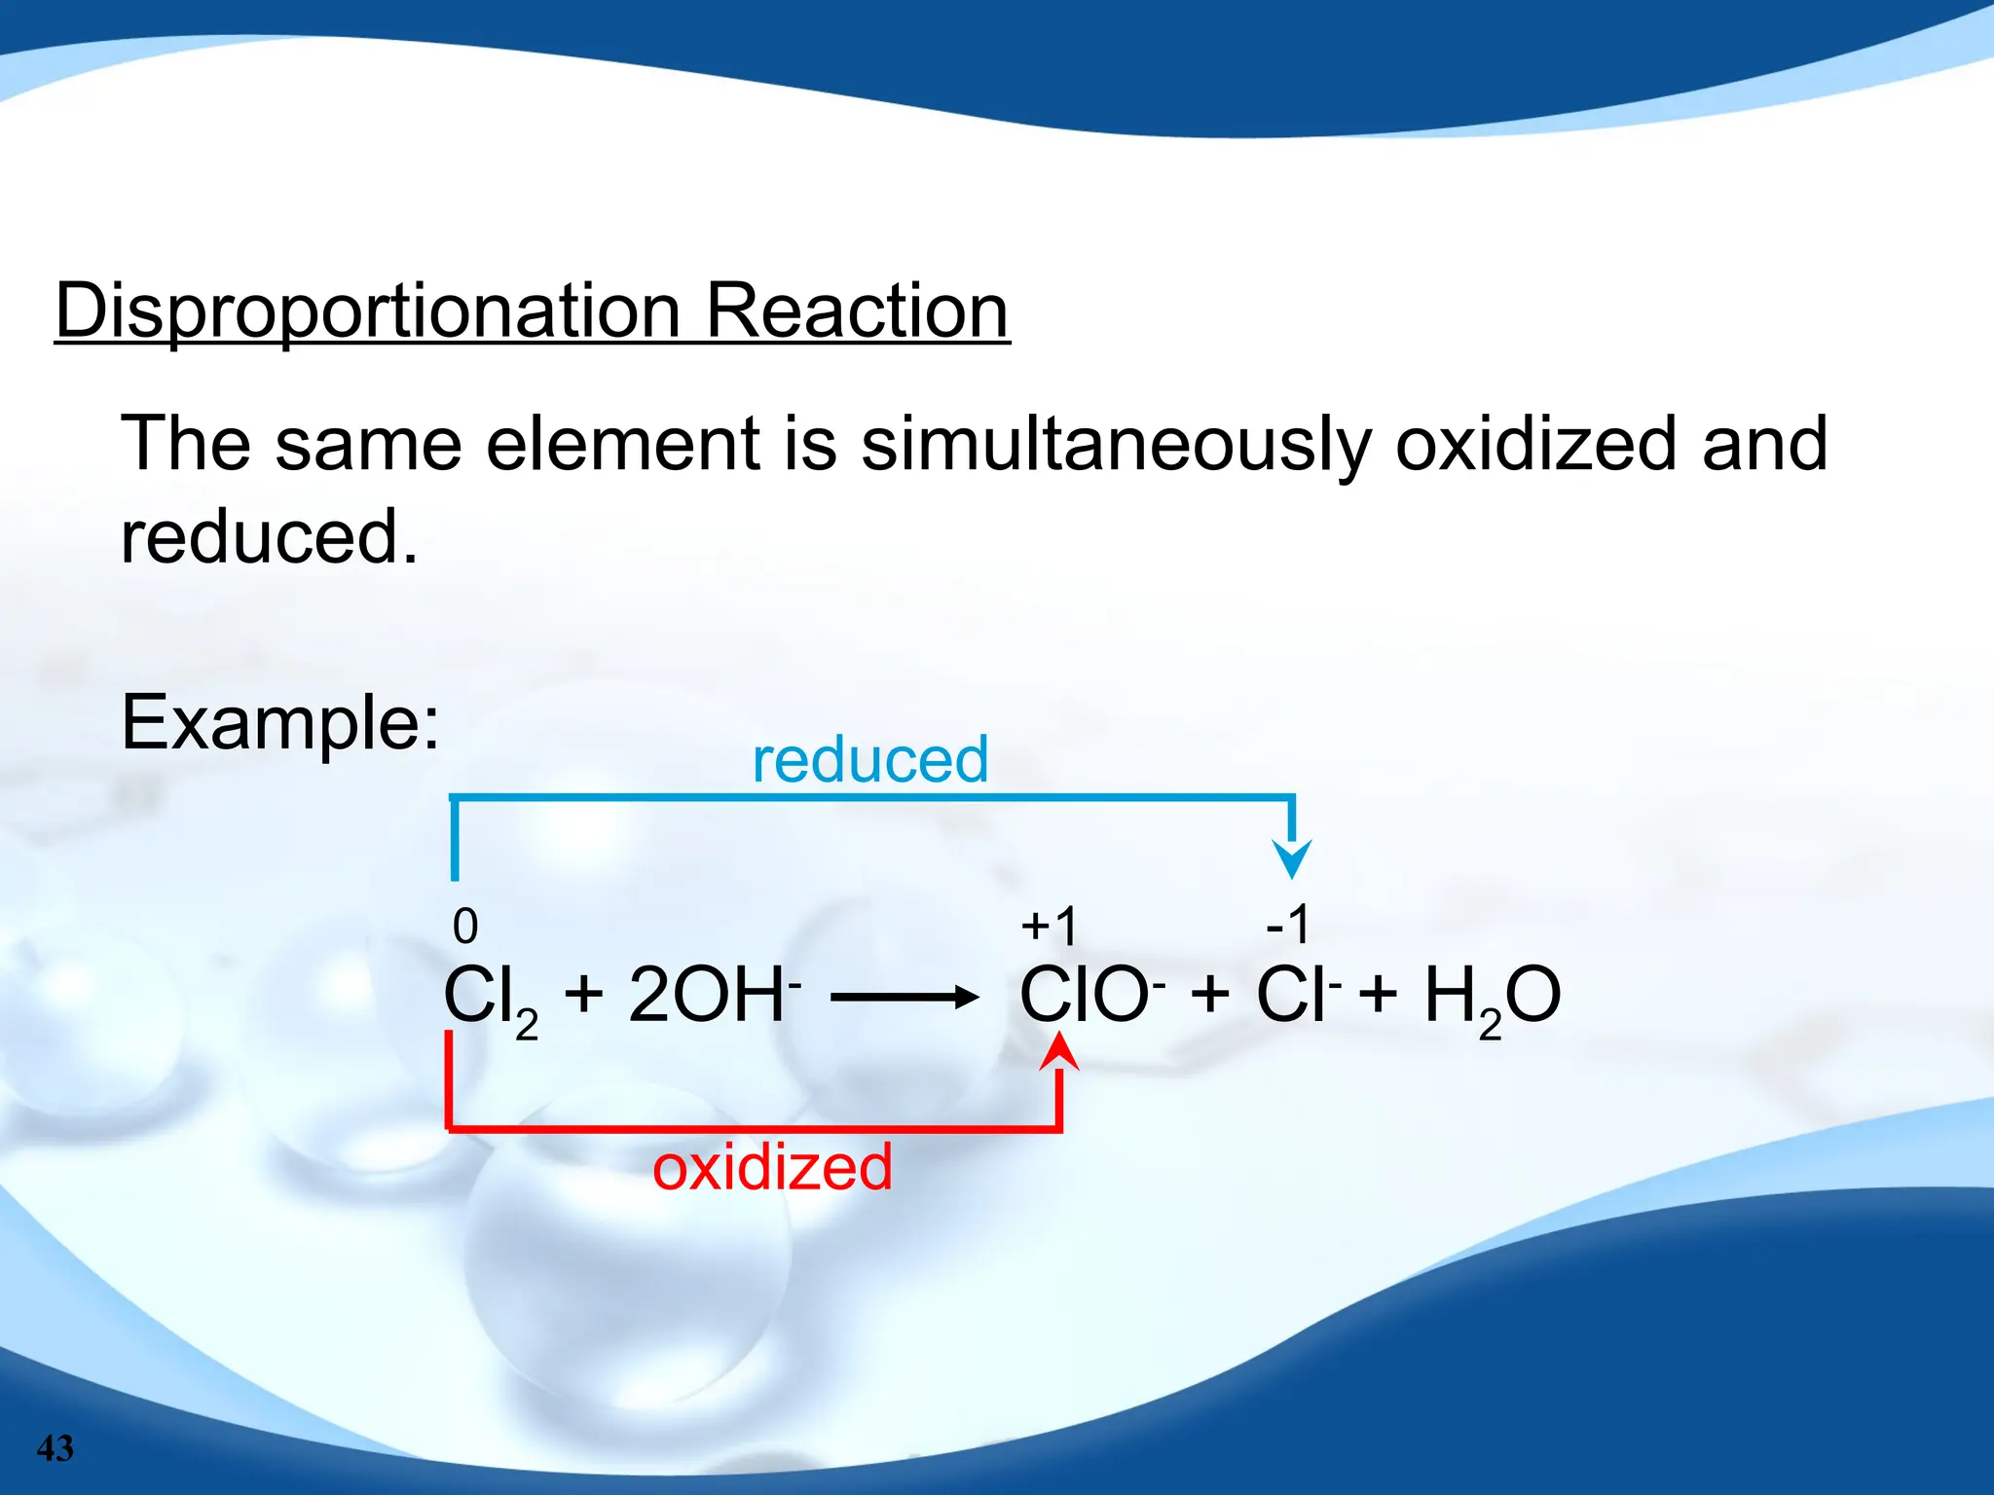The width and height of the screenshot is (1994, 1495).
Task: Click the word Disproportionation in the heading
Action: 367,311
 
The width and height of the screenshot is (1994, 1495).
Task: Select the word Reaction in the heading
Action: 857,311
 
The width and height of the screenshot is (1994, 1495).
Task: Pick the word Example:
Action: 280,722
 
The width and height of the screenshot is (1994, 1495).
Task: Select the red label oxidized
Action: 772,1167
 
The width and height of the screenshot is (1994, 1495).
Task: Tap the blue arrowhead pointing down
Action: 1292,857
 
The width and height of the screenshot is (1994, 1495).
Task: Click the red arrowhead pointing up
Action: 1059,1052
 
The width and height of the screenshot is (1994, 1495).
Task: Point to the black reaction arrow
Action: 905,997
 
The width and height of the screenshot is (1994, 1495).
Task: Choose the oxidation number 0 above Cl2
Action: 465,926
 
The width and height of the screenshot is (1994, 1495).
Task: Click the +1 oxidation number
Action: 1050,926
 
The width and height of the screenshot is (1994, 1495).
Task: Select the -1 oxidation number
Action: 1287,924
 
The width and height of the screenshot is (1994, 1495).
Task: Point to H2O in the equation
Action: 1492,998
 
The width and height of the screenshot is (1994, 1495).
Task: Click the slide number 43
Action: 55,1448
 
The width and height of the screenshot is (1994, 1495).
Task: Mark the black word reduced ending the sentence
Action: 269,537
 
